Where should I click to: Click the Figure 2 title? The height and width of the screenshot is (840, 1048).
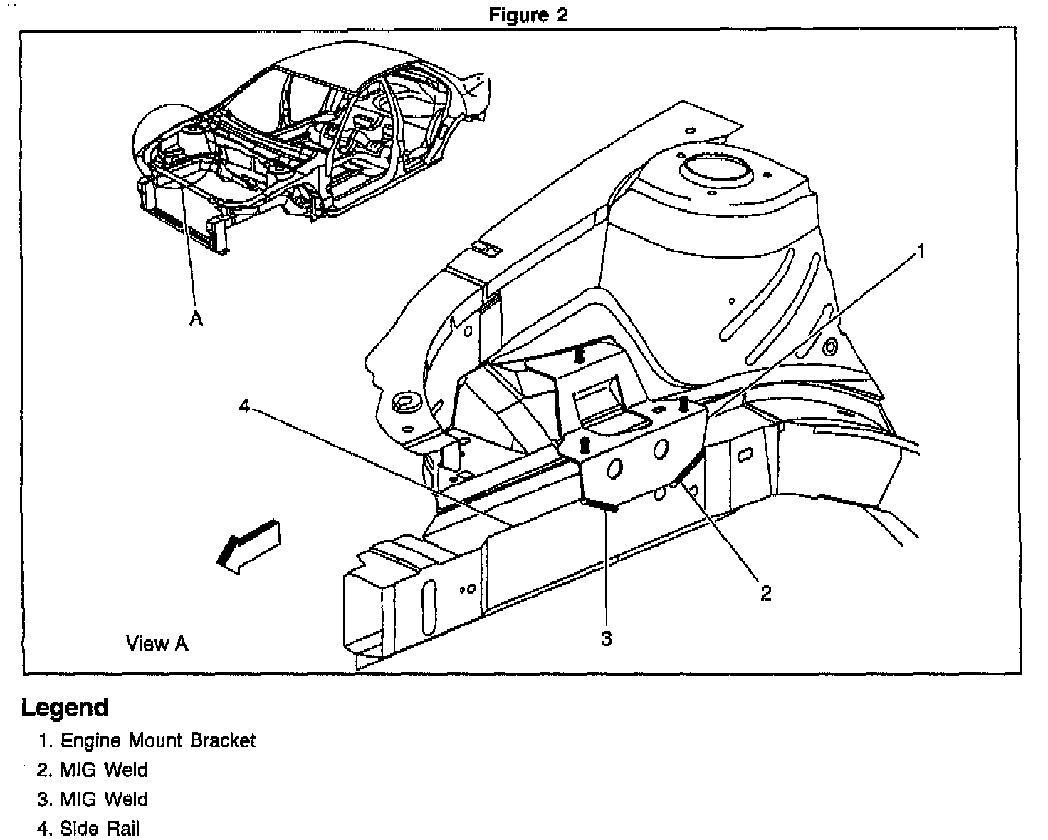528,16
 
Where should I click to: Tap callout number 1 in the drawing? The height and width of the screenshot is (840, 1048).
921,251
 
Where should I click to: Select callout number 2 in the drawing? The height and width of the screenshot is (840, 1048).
766,593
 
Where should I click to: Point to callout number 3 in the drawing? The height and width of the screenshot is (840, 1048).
606,639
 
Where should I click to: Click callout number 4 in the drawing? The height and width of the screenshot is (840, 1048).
244,406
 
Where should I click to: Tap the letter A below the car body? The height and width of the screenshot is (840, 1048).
196,320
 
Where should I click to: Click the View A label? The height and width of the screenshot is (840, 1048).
157,644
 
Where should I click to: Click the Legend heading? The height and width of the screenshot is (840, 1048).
65,708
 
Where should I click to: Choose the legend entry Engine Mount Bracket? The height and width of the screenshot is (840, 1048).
147,740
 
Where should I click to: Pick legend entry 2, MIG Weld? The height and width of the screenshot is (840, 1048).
93,770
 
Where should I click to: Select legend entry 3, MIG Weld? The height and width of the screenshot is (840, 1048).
93,799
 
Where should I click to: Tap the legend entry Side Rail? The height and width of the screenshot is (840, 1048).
89,829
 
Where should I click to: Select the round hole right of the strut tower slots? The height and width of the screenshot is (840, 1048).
829,347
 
